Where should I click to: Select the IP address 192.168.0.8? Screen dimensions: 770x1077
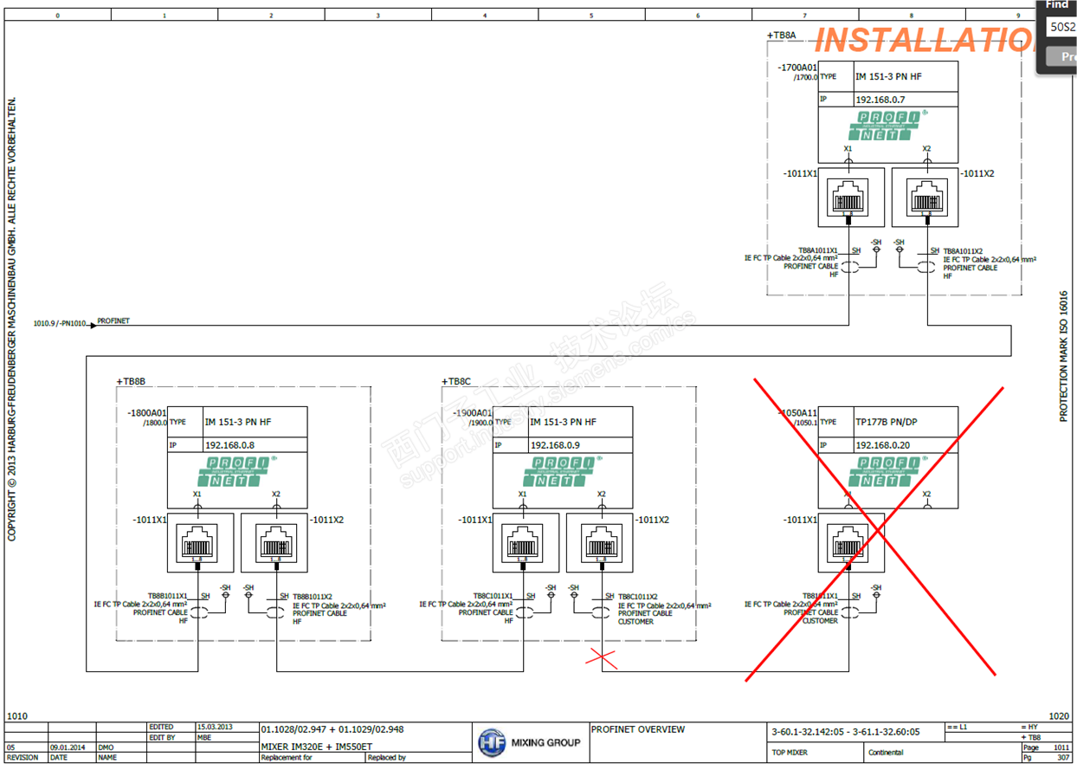(229, 445)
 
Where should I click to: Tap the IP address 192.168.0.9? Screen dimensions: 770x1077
(555, 445)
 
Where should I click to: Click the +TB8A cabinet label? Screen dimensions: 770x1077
(781, 36)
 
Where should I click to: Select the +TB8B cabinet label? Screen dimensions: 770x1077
(131, 381)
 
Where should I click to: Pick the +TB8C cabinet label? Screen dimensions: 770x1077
(456, 381)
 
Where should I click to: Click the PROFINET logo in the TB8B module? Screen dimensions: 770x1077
(236, 471)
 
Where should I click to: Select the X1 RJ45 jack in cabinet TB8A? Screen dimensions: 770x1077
(848, 198)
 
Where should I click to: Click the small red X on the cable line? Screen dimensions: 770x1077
(602, 659)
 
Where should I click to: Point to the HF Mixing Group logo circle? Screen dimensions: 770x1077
(491, 743)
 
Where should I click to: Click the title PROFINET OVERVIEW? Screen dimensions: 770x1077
(638, 729)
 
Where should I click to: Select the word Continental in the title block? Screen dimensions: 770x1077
(886, 753)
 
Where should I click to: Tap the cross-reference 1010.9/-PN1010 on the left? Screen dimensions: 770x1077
(60, 323)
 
